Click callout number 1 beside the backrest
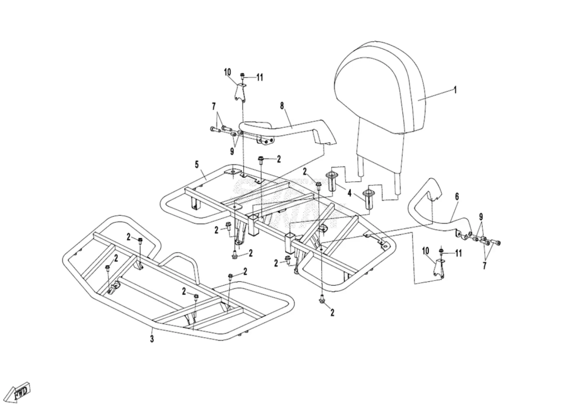click(x=455, y=90)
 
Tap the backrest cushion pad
click(x=379, y=88)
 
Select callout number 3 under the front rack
click(x=152, y=339)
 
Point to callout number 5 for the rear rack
click(x=197, y=164)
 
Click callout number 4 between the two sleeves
click(x=349, y=193)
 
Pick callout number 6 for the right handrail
click(x=457, y=197)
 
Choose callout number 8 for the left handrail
click(x=282, y=106)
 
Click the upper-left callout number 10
click(x=228, y=72)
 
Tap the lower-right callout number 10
click(x=426, y=251)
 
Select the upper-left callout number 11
click(x=260, y=77)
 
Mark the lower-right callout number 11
click(x=458, y=253)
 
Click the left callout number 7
click(x=214, y=106)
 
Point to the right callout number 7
click(x=485, y=266)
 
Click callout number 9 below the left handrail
click(x=232, y=152)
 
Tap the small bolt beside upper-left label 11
click(x=242, y=76)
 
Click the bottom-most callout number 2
click(x=332, y=313)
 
